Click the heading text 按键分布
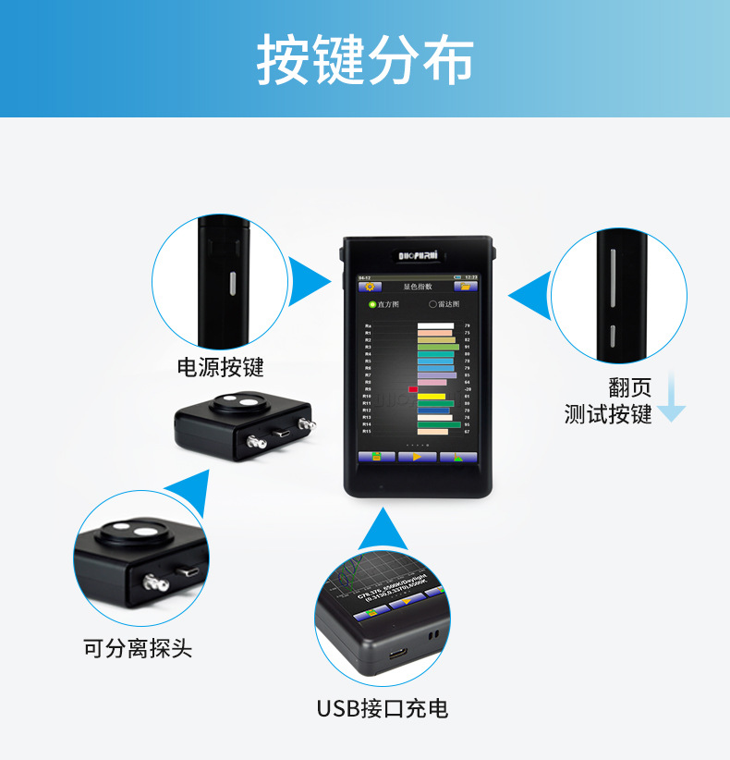(365, 60)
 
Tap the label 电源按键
(220, 367)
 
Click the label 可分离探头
(138, 648)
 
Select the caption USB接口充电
(383, 709)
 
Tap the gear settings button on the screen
(375, 287)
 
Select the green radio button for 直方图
(372, 304)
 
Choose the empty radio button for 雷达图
(432, 304)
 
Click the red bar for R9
(413, 389)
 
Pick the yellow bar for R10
(431, 397)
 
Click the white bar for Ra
(435, 326)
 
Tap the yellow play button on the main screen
(418, 457)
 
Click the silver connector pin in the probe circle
(152, 582)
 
